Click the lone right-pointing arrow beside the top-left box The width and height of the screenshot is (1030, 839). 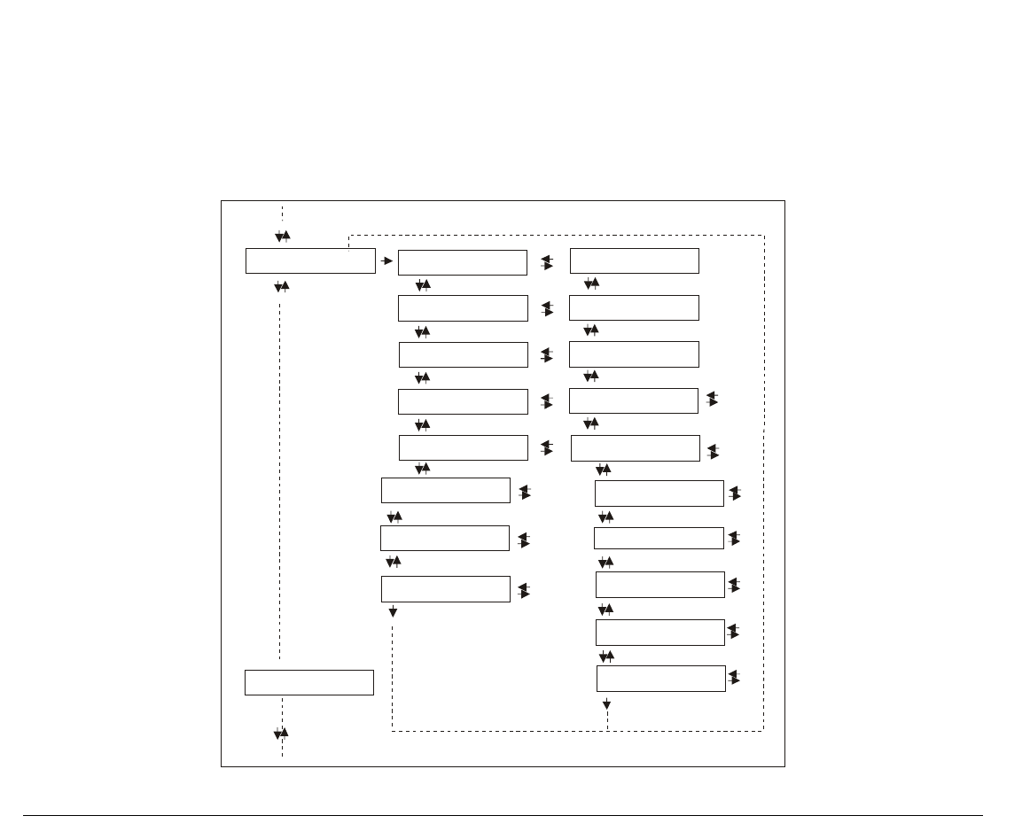pyautogui.click(x=387, y=261)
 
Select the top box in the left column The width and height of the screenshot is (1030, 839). pyautogui.click(x=310, y=260)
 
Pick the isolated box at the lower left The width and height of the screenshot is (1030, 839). pyautogui.click(x=309, y=683)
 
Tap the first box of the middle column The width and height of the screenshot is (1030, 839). pyautogui.click(x=463, y=262)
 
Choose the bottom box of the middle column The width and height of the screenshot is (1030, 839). pyautogui.click(x=446, y=589)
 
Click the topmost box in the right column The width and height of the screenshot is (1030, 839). pyautogui.click(x=635, y=261)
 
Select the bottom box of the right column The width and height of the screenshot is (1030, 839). pyautogui.click(x=661, y=679)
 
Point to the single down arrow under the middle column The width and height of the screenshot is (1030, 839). pyautogui.click(x=393, y=612)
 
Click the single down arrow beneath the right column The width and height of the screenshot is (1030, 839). pyautogui.click(x=607, y=705)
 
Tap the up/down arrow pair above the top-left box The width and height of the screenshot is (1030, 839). pyautogui.click(x=283, y=237)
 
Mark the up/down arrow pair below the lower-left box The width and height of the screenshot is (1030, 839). pyautogui.click(x=283, y=734)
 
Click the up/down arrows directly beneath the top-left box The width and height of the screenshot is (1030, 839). pyautogui.click(x=281, y=287)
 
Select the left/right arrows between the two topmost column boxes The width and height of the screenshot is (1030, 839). pyautogui.click(x=547, y=262)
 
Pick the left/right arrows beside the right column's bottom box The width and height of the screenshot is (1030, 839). pyautogui.click(x=734, y=678)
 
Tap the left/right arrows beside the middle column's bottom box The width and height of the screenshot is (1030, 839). pyautogui.click(x=524, y=590)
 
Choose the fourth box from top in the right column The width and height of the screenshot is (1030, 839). pyautogui.click(x=634, y=400)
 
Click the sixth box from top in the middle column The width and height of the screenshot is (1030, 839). pyautogui.click(x=446, y=490)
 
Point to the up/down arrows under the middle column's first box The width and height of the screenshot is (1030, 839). pyautogui.click(x=423, y=285)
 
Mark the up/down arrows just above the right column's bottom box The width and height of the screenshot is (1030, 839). pyautogui.click(x=607, y=656)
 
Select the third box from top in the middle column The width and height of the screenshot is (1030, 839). pyautogui.click(x=464, y=354)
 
